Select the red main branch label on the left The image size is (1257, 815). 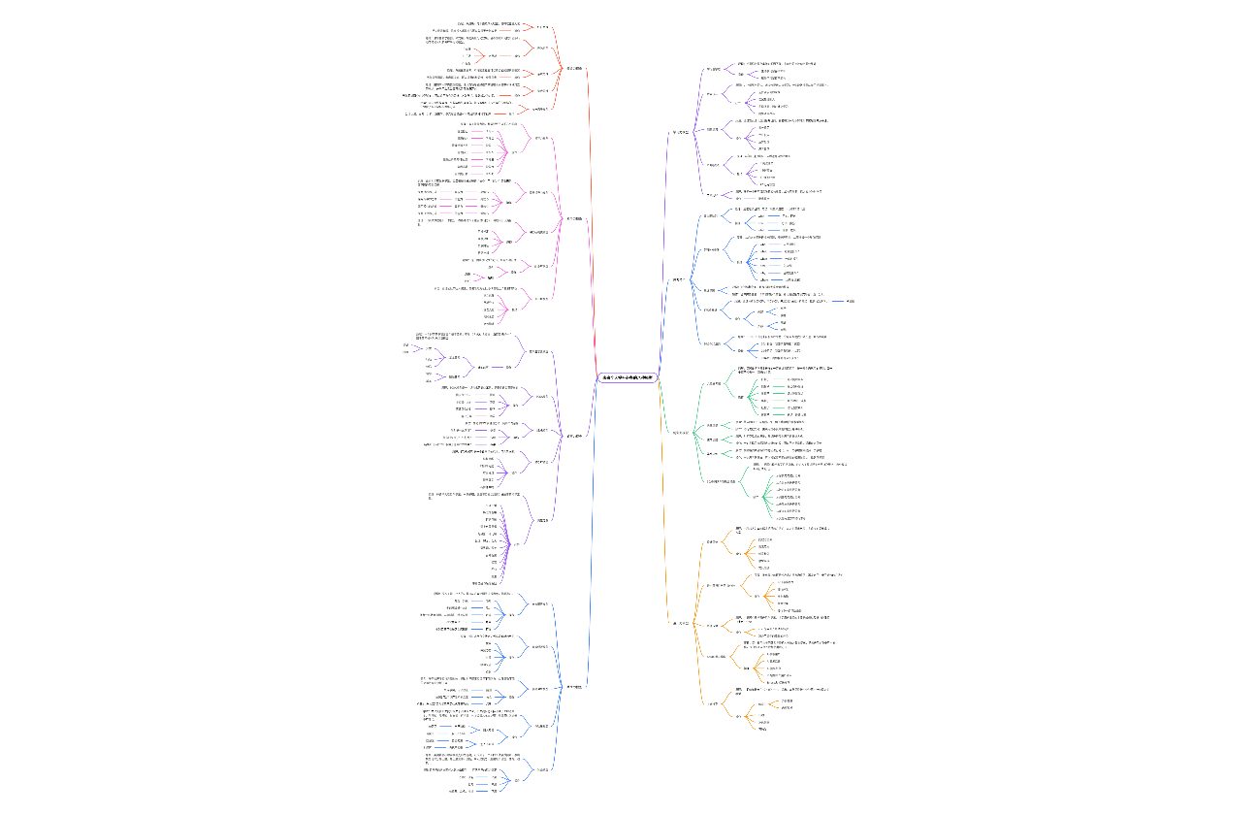573,69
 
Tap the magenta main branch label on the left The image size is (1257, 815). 574,219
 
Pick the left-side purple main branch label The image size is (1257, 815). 574,436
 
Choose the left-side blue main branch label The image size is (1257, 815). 573,687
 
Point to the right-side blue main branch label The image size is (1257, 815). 680,280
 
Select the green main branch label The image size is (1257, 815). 682,432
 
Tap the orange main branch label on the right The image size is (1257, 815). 681,622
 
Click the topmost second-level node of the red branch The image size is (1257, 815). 542,27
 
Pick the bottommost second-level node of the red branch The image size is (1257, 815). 543,109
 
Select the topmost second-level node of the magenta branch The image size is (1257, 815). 542,138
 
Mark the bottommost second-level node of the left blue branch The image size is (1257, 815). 543,769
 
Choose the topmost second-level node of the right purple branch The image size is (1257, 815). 713,70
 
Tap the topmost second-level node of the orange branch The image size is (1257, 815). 713,541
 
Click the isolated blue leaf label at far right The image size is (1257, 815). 850,302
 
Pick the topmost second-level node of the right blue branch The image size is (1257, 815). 711,215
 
